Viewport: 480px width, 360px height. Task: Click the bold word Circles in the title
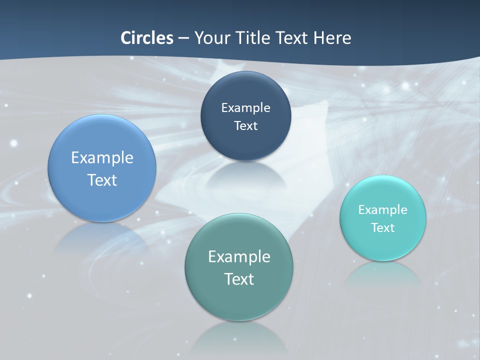tap(147, 38)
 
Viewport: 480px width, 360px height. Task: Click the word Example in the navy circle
tap(245, 108)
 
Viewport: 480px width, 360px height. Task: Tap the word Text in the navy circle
tap(245, 126)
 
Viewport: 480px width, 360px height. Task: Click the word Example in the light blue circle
tap(102, 158)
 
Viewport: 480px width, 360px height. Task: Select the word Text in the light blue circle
tap(102, 180)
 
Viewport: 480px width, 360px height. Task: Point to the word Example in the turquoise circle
tap(383, 210)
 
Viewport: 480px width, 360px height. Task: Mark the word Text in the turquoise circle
tap(383, 228)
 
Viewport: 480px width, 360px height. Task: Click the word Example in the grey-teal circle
tap(239, 257)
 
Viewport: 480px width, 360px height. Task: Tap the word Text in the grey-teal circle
tap(239, 279)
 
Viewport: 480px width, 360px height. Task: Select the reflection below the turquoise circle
tap(382, 274)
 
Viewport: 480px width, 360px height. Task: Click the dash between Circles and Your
tap(183, 38)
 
